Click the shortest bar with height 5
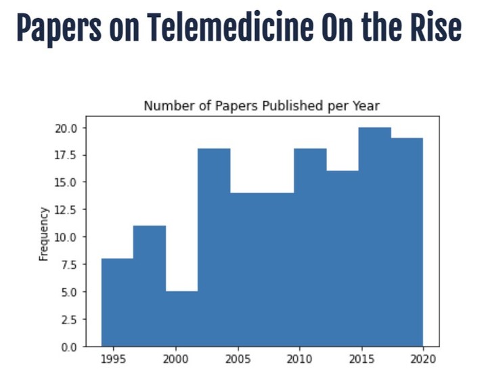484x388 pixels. [181, 319]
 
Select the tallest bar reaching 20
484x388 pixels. [374, 237]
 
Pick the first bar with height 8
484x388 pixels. [117, 302]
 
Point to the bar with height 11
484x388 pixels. [149, 286]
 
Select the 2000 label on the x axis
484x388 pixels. [175, 358]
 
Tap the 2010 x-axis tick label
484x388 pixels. [299, 358]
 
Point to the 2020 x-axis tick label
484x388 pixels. [423, 358]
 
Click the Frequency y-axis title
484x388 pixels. [44, 234]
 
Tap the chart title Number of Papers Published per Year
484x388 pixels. [262, 106]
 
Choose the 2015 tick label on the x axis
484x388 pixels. [361, 358]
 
